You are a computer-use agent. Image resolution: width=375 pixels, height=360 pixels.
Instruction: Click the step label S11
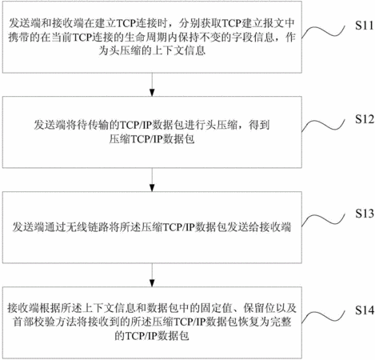364,26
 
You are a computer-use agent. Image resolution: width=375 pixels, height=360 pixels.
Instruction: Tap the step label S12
364,119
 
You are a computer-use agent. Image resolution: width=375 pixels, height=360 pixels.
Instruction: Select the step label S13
364,214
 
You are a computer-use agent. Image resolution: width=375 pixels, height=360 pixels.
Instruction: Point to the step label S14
364,310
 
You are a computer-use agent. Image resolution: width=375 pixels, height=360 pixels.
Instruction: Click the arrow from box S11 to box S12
152,85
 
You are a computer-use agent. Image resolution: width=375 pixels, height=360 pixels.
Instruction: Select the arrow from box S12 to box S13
152,180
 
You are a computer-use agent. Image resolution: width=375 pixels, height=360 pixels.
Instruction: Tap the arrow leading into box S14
152,275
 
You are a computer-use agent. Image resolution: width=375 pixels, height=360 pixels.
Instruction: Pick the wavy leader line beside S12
323,126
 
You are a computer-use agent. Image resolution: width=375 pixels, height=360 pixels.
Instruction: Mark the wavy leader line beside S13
323,220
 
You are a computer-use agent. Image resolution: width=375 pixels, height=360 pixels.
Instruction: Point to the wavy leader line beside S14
323,317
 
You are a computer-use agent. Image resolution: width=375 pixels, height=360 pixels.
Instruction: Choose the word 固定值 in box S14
217,308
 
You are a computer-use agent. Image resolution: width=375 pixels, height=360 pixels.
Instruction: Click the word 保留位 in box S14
259,308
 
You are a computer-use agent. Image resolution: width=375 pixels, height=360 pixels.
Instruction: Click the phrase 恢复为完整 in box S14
265,322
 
